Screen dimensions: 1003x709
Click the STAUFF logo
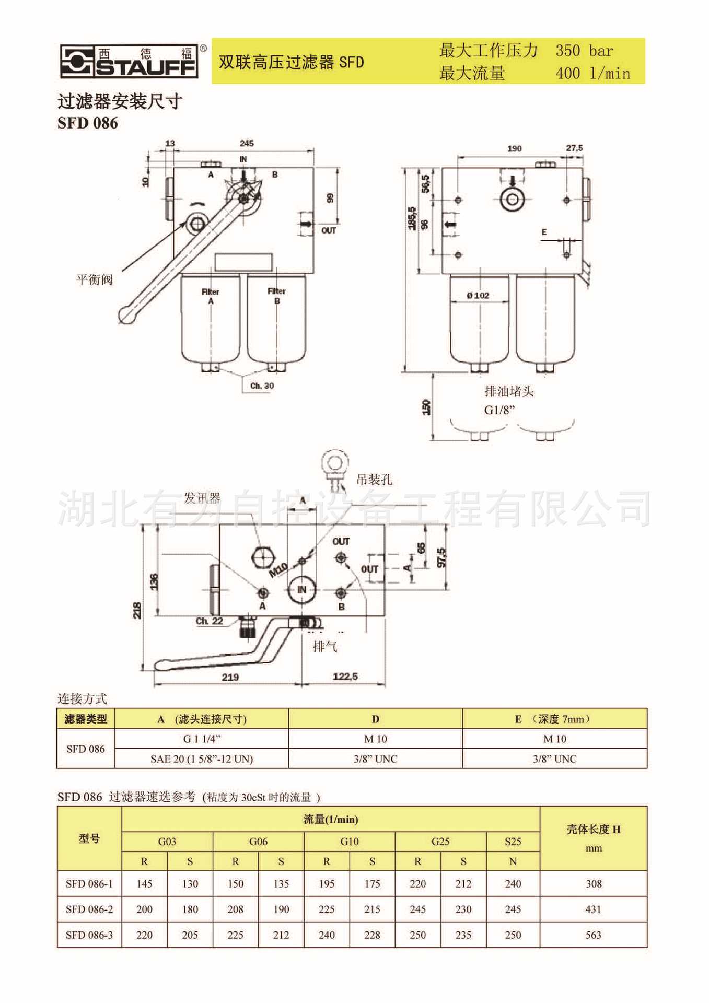[129, 61]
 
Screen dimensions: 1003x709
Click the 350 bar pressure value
[584, 51]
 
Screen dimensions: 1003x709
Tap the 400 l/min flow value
[592, 73]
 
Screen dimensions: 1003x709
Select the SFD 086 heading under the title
[88, 123]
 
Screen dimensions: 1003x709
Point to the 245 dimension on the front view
[247, 143]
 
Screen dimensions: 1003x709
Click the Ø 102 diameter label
[478, 296]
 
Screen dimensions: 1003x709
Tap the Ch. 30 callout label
[262, 386]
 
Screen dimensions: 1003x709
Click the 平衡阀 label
[95, 279]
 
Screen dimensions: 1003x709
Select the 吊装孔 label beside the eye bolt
[374, 480]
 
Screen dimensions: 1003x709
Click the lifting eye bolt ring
[333, 462]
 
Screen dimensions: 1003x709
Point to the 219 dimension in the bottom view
[230, 677]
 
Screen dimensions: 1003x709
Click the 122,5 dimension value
[345, 677]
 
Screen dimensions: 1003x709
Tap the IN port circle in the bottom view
[301, 590]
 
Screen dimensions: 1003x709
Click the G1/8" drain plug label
[499, 410]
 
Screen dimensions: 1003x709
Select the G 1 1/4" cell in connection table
[202, 739]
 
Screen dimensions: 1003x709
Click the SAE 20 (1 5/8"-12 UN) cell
[202, 759]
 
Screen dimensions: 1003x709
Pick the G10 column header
[349, 842]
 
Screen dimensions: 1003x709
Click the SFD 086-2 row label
[89, 909]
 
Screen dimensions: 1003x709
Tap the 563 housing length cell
[593, 935]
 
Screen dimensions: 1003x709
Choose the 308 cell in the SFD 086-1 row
[594, 884]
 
